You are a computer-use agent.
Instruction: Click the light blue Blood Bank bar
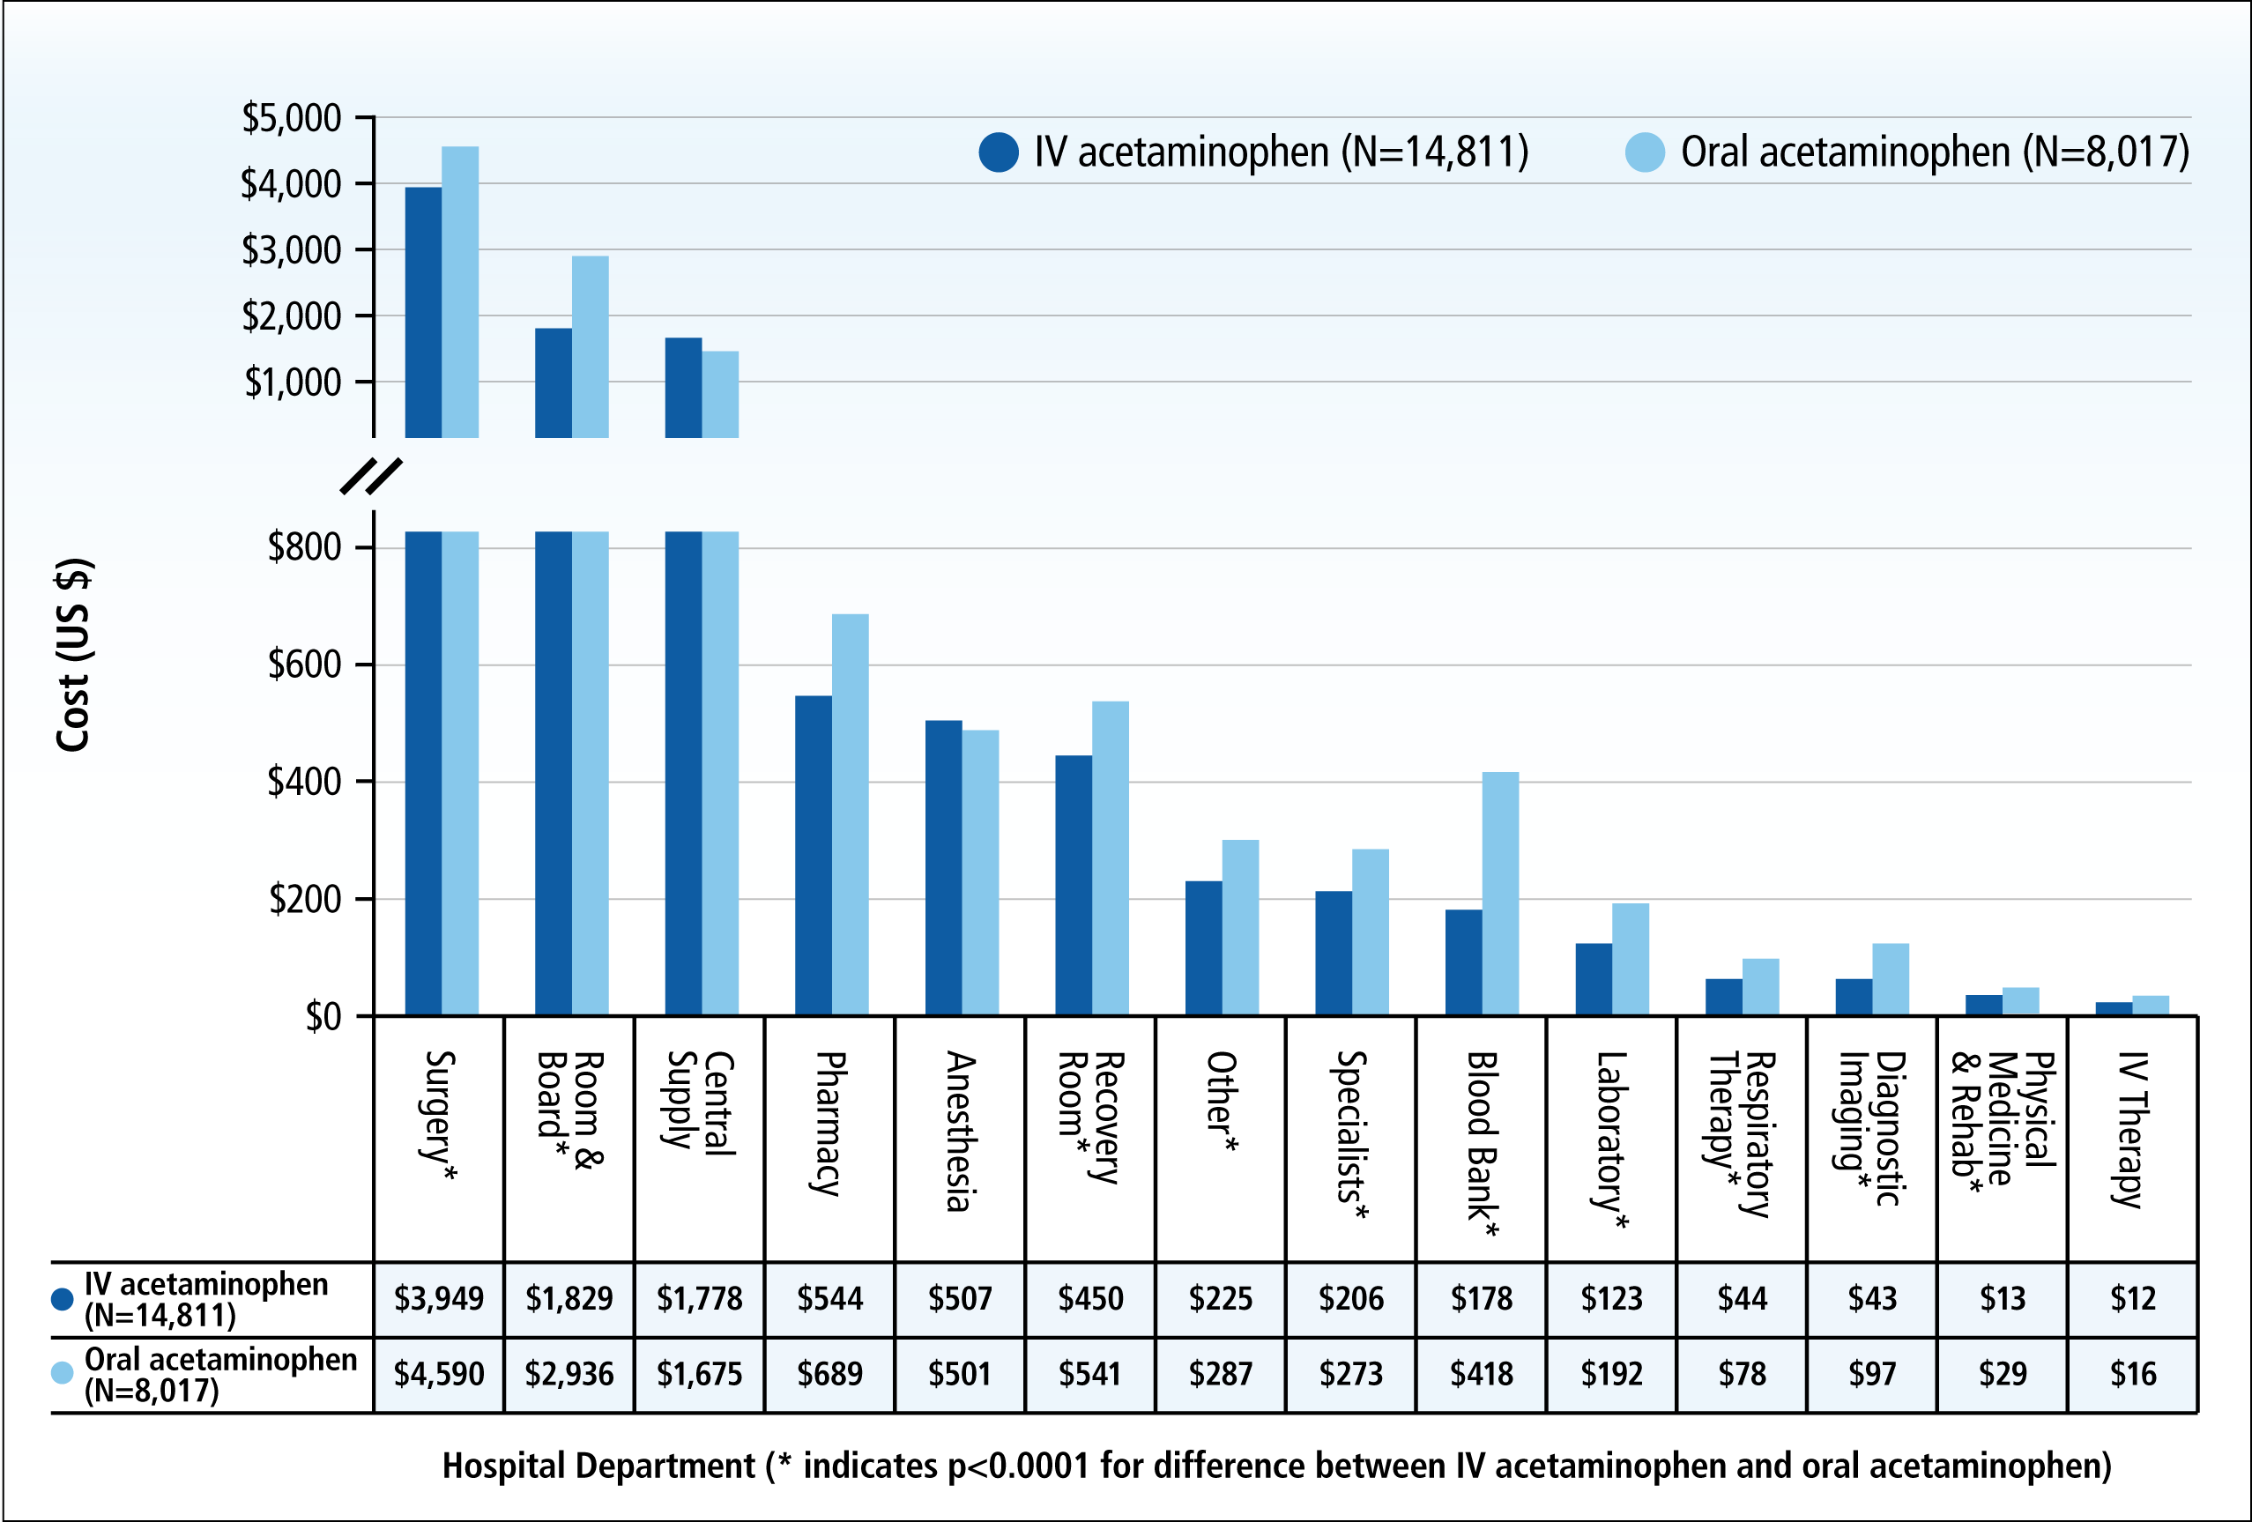pyautogui.click(x=1500, y=894)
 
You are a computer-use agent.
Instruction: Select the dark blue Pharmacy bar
pyautogui.click(x=813, y=856)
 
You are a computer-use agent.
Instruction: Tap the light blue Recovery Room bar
pyautogui.click(x=1110, y=858)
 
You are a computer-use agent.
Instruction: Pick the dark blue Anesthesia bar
pyautogui.click(x=943, y=868)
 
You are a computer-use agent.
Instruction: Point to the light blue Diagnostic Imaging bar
pyautogui.click(x=1890, y=979)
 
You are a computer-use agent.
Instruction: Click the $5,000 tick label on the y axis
pyautogui.click(x=292, y=118)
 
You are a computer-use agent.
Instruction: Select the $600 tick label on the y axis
pyautogui.click(x=304, y=664)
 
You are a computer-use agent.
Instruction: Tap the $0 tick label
pyautogui.click(x=323, y=1016)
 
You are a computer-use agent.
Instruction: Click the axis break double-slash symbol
pyautogui.click(x=371, y=476)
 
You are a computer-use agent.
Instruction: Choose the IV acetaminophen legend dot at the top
pyautogui.click(x=998, y=152)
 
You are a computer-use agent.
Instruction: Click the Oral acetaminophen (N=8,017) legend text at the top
pyautogui.click(x=1934, y=152)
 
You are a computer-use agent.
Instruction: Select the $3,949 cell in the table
pyautogui.click(x=438, y=1298)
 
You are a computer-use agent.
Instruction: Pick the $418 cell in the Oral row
pyautogui.click(x=1481, y=1373)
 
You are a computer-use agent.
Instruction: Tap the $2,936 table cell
pyautogui.click(x=569, y=1373)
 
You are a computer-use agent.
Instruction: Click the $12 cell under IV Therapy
pyautogui.click(x=2132, y=1298)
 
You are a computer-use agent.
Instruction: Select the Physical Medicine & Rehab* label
pyautogui.click(x=2002, y=1124)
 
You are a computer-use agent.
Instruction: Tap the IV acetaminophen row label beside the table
pyautogui.click(x=205, y=1299)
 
